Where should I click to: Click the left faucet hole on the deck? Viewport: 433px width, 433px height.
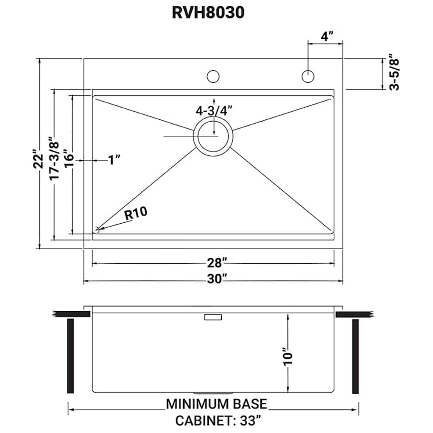(213, 76)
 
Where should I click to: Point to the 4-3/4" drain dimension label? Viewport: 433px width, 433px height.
(214, 110)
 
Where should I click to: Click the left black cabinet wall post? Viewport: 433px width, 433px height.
(70, 356)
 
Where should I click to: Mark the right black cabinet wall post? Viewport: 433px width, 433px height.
(356, 356)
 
